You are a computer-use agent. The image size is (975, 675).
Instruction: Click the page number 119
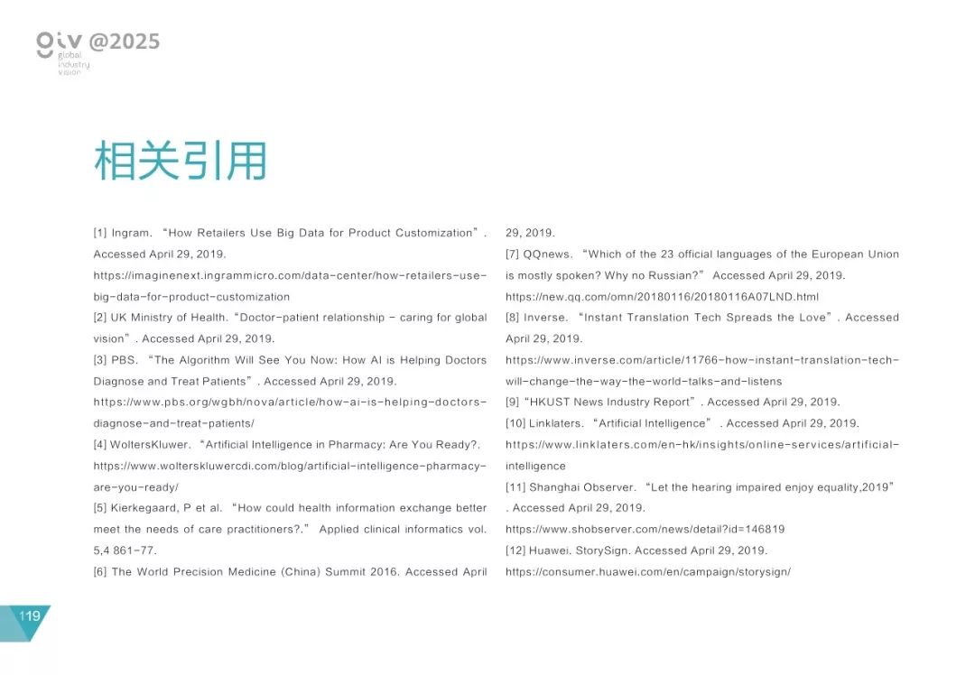[x=30, y=616]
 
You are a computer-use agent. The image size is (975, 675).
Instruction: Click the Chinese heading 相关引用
[x=181, y=162]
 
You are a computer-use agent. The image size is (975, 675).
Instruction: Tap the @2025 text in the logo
[x=125, y=42]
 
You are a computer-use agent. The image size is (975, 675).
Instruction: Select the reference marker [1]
[x=100, y=234]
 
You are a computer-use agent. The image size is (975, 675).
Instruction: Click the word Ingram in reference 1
[x=133, y=234]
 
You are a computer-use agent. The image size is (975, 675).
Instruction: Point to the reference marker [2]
[x=100, y=318]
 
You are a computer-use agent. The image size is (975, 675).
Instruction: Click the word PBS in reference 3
[x=125, y=360]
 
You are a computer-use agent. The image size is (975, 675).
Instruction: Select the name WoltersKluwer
[x=150, y=445]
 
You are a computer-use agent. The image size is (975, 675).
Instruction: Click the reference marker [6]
[x=100, y=572]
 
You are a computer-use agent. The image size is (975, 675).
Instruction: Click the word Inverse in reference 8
[x=545, y=318]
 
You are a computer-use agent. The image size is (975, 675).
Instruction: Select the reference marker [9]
[x=512, y=402]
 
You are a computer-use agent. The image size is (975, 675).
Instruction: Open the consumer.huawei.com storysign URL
[x=647, y=572]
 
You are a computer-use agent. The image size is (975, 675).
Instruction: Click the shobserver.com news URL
[x=645, y=530]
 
